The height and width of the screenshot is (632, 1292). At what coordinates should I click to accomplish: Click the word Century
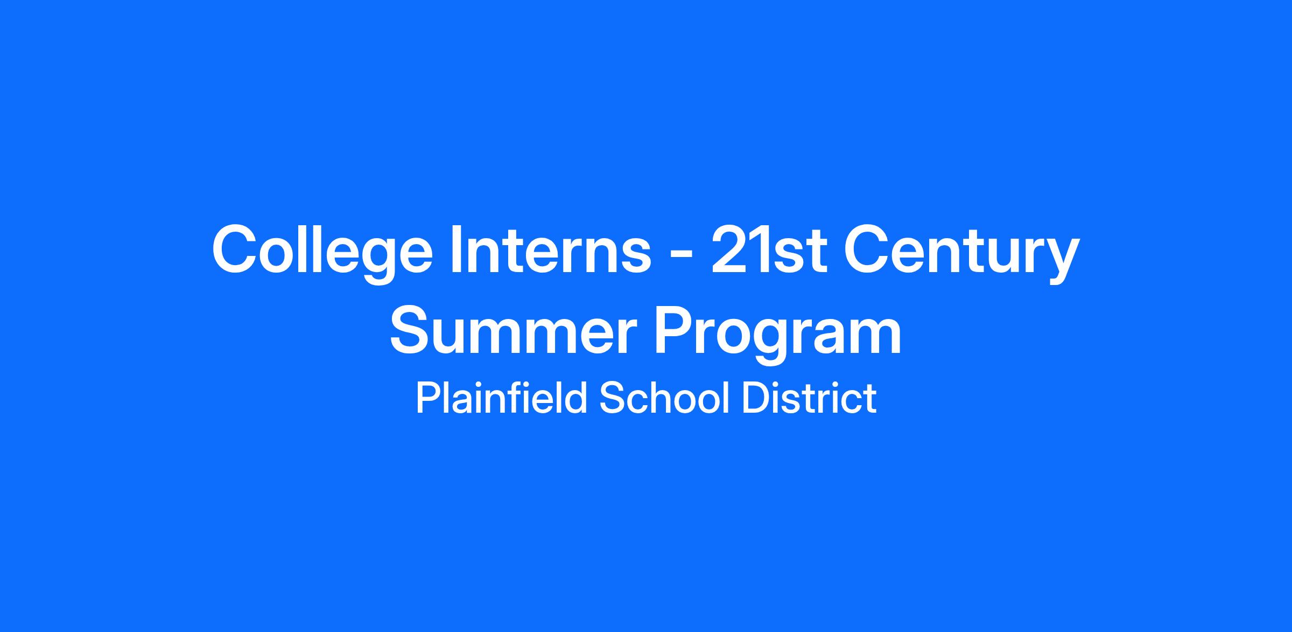961,253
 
